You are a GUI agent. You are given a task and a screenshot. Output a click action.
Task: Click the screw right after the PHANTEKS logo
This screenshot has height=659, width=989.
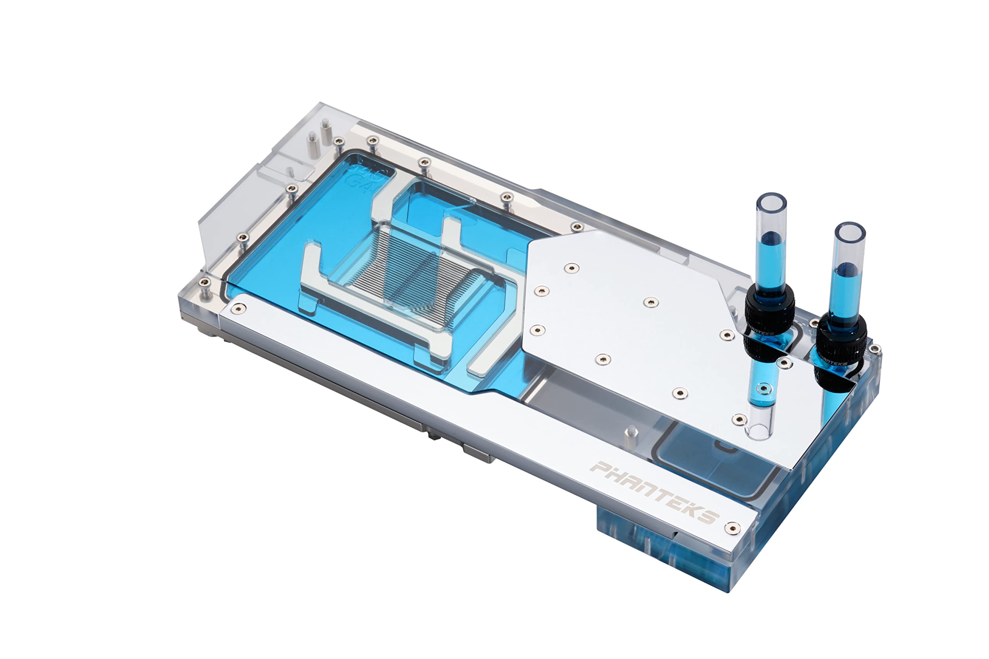point(732,528)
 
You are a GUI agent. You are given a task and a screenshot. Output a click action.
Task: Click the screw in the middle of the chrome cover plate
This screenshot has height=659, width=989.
point(651,302)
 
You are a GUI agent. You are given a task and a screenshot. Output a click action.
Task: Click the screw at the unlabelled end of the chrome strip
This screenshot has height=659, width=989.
point(239,309)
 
